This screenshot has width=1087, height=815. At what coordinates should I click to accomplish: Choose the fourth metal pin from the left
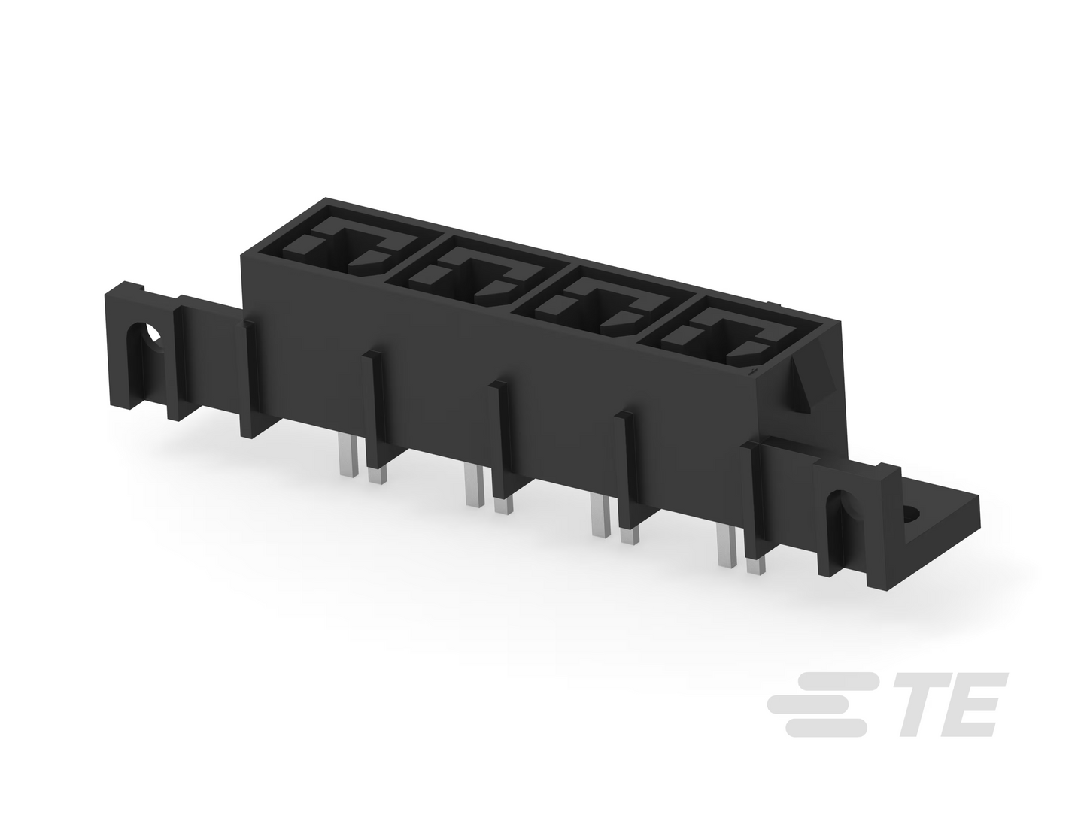click(503, 504)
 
